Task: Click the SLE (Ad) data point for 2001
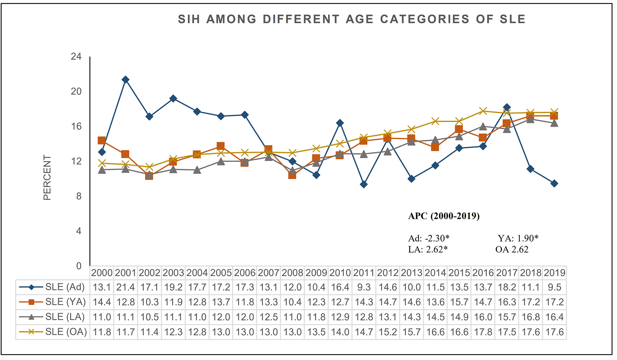pos(125,80)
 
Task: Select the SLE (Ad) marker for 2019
pos(554,183)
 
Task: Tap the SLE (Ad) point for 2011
pos(364,184)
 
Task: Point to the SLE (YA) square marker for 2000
pos(101,140)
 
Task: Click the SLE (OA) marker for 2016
pos(483,111)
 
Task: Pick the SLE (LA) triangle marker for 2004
pos(197,170)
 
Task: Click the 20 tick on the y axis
pos(76,91)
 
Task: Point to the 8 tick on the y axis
pos(79,196)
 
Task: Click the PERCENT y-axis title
pos(47,177)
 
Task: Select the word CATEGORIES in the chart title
pos(424,19)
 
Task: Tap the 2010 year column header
pos(340,273)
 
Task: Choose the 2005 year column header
pos(221,273)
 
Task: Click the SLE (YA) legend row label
pos(65,302)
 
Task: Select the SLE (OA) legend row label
pos(66,332)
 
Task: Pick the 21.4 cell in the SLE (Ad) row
pos(126,287)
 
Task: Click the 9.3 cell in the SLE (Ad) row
pos(364,287)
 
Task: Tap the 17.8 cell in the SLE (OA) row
pos(483,332)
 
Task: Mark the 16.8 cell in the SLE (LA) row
pos(531,317)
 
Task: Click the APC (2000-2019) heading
pos(444,216)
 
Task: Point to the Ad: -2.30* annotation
pos(429,238)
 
